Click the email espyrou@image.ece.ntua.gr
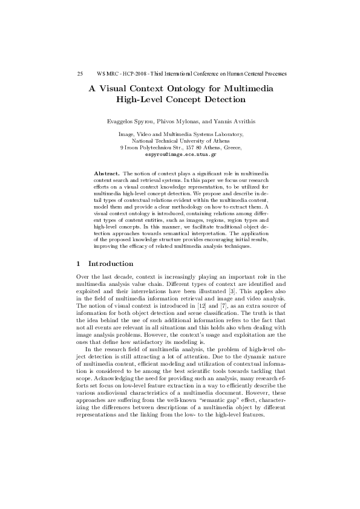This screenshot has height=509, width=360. [180, 154]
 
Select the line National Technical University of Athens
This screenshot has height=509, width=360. [180, 140]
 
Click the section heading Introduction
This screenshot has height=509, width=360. [111, 264]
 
